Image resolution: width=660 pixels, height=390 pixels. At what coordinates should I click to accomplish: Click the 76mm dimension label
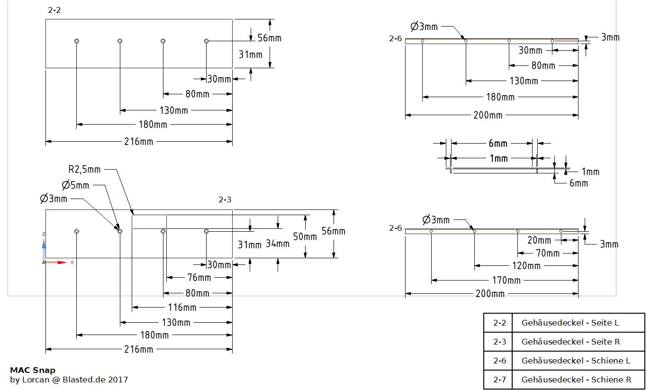(199, 277)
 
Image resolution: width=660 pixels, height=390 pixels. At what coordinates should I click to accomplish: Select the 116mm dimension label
(182, 308)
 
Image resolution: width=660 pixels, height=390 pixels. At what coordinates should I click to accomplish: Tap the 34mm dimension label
(277, 244)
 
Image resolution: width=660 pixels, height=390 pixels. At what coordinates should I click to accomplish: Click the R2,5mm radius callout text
(84, 169)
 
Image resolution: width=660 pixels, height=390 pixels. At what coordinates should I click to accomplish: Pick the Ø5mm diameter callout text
(75, 185)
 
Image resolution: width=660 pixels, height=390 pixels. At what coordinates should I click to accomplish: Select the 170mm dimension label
(506, 280)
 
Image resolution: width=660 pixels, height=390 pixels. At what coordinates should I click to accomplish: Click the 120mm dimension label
(526, 266)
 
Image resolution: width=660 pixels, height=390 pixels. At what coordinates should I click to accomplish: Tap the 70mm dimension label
(547, 253)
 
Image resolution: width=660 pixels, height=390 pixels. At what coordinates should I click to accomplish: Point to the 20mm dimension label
(539, 240)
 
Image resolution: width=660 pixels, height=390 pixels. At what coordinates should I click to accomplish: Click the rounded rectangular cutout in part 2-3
(149, 222)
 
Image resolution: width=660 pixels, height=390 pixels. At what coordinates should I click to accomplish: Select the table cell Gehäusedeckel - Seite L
(570, 323)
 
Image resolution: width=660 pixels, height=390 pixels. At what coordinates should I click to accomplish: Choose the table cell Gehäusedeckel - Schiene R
(576, 380)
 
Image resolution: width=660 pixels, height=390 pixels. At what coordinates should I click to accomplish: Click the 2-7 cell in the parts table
(499, 380)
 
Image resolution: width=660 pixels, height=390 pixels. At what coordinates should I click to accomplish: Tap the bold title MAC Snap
(33, 370)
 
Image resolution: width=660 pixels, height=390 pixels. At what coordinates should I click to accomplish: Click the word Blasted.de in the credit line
(83, 380)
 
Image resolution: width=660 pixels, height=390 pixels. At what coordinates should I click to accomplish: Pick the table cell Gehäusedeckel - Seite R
(570, 342)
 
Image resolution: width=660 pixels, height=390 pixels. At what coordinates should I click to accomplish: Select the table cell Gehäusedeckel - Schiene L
(576, 361)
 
